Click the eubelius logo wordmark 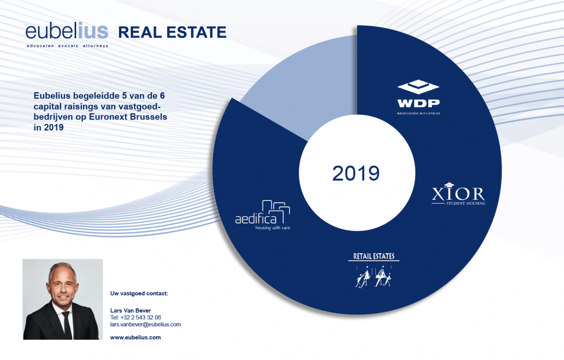click(67, 31)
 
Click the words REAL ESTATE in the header click(172, 33)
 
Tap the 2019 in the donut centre click(356, 173)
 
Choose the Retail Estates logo click(374, 270)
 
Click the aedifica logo click(263, 215)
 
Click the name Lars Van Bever click(131, 310)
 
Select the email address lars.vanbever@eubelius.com click(145, 324)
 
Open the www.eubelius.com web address click(135, 337)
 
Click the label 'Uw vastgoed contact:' click(139, 294)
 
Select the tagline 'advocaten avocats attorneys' click(67, 46)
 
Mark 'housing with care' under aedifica click(272, 228)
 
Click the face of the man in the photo click(63, 284)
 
